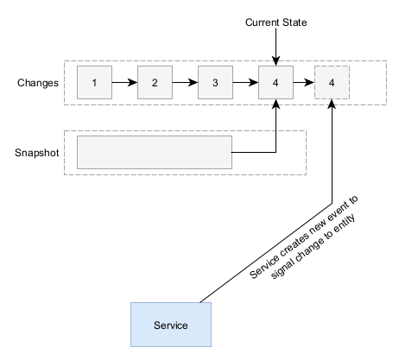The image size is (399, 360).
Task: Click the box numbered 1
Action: point(94,83)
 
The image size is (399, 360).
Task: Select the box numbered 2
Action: point(155,83)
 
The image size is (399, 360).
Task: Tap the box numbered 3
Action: point(215,83)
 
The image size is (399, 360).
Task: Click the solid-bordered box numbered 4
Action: point(275,83)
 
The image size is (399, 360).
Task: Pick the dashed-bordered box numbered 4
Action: point(332,83)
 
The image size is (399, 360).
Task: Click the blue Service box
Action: point(171,325)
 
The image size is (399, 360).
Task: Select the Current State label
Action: point(275,22)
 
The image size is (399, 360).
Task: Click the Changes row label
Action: point(38,83)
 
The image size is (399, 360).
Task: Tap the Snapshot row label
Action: point(37,153)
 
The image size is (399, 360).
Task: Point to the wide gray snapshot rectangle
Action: point(155,152)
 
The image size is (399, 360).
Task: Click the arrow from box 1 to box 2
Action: point(124,83)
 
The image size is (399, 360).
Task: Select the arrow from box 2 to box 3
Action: point(185,83)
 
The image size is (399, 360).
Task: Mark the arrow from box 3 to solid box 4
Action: point(245,83)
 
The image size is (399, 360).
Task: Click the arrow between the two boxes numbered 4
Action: point(304,83)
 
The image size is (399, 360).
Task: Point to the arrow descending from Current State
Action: point(275,47)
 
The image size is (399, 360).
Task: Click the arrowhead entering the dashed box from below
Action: point(332,104)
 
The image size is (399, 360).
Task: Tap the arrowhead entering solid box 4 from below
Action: point(275,104)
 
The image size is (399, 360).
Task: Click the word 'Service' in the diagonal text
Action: point(264,267)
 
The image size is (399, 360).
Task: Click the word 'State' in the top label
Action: point(295,22)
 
